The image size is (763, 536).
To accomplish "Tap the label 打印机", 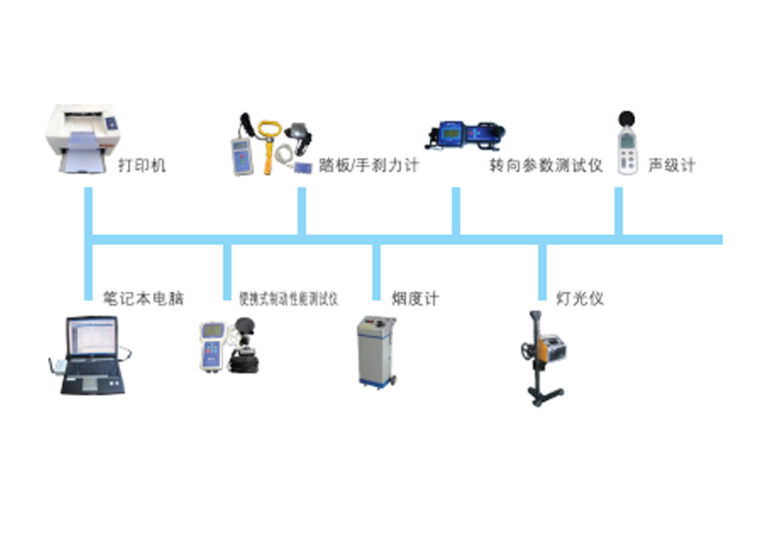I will coord(141,165).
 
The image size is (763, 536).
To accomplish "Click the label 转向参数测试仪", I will coord(545,165).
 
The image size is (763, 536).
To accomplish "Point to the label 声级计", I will coord(672,165).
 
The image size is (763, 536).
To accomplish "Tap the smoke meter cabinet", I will coord(378,350).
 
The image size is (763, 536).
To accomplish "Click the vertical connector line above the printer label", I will coord(89,213).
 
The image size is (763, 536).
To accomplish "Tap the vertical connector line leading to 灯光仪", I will coord(541,271).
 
